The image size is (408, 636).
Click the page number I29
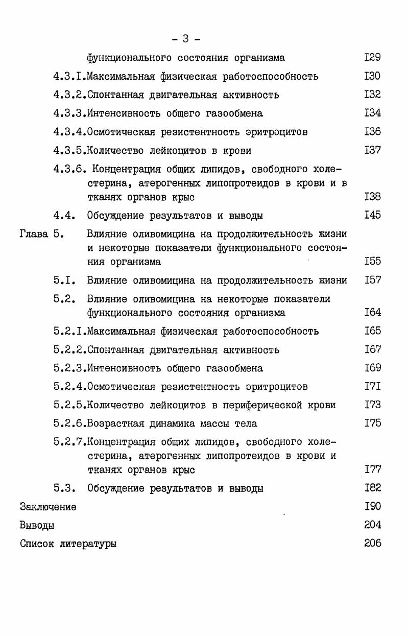[x=372, y=58]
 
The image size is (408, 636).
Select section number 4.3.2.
[x=70, y=95]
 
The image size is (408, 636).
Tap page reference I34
[x=372, y=113]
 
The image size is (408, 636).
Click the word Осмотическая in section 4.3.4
[x=121, y=132]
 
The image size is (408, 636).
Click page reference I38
[x=372, y=197]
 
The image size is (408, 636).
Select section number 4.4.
[x=64, y=216]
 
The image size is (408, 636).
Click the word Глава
[x=34, y=234]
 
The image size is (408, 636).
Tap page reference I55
[x=372, y=262]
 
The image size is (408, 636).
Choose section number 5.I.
[x=64, y=280]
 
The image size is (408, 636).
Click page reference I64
[x=372, y=312]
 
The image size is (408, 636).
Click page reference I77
[x=372, y=469]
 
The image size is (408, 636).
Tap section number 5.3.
[x=64, y=488]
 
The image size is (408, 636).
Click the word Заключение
[x=48, y=507]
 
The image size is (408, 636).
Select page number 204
[x=372, y=525]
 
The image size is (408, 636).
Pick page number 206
[x=372, y=543]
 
